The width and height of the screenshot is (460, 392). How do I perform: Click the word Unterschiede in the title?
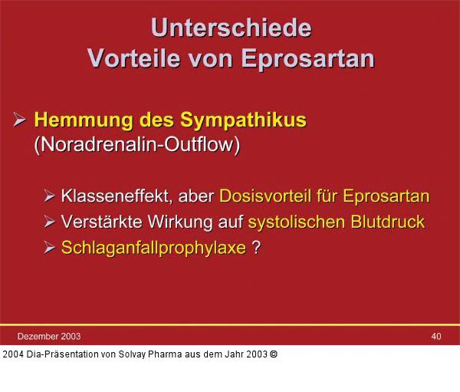[x=231, y=27]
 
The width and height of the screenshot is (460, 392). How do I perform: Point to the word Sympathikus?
[x=243, y=120]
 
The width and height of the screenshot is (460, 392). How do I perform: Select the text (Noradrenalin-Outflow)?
[x=137, y=145]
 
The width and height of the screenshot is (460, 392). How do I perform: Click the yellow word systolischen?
[x=296, y=222]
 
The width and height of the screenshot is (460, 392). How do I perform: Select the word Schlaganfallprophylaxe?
[x=153, y=249]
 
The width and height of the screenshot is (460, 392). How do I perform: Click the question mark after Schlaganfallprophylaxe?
[x=256, y=249]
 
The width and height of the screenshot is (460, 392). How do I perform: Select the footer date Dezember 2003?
[x=48, y=336]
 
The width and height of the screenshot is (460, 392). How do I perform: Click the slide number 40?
[x=436, y=336]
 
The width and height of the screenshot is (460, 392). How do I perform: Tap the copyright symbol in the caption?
[x=274, y=354]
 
